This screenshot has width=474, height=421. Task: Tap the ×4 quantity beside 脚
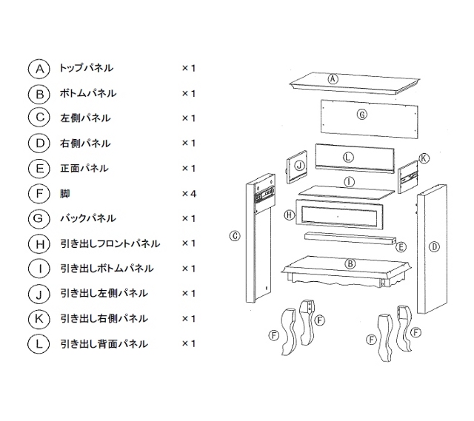click(x=188, y=193)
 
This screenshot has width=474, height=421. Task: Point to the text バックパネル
click(x=88, y=218)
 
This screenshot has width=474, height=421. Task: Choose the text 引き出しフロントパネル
click(x=110, y=243)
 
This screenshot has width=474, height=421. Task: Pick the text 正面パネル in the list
click(x=85, y=169)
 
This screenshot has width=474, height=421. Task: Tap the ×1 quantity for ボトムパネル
click(x=188, y=93)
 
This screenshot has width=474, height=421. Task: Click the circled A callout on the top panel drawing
click(x=333, y=78)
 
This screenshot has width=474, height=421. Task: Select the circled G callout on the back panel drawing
click(x=362, y=115)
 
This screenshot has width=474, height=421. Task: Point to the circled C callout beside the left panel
click(x=234, y=236)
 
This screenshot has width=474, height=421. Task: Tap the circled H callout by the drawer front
click(x=289, y=215)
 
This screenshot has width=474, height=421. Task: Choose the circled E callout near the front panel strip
click(x=401, y=246)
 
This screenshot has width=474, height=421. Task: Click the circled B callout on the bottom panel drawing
click(x=350, y=263)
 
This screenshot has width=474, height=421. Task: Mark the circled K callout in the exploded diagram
click(x=424, y=158)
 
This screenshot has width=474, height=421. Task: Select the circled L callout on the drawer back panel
click(x=348, y=158)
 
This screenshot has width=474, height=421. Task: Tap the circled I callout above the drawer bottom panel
click(x=349, y=181)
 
